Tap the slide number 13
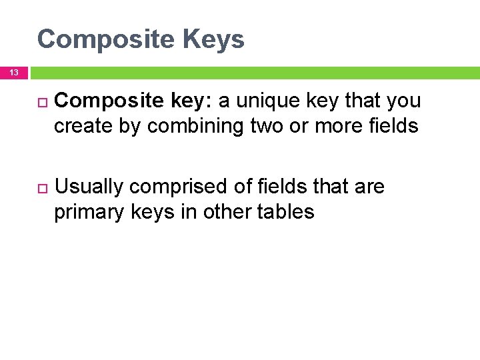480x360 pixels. pyautogui.click(x=14, y=72)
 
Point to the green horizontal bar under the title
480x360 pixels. pyautogui.click(x=253, y=72)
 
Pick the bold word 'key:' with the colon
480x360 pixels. pyautogui.click(x=190, y=101)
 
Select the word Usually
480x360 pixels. pyautogui.click(x=89, y=187)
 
